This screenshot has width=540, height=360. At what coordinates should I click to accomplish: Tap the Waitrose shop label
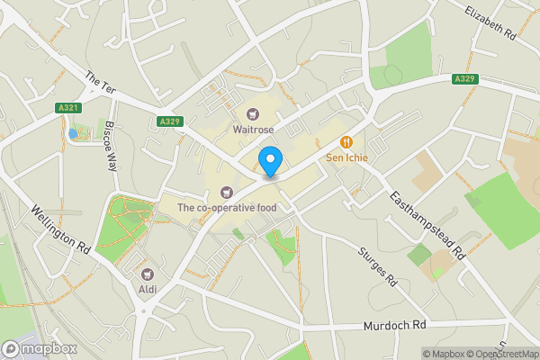point(253,129)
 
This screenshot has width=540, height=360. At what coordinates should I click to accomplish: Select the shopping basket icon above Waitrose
point(253,113)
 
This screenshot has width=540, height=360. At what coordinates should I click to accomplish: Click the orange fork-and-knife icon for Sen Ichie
point(346,142)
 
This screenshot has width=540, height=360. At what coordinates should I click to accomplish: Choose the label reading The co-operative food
point(226,208)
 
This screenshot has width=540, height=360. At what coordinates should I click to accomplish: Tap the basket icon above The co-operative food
point(226,192)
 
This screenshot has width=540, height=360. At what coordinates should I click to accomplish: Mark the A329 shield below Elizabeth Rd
point(465,79)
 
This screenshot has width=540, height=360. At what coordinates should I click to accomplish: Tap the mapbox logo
point(39,348)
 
